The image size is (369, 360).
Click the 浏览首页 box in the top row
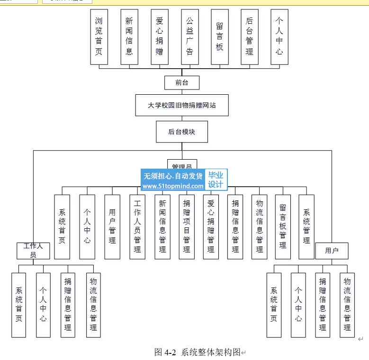click(99, 36)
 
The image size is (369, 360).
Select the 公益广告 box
click(189, 36)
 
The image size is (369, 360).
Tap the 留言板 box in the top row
click(219, 36)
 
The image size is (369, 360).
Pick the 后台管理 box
click(250, 36)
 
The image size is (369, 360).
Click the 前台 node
click(181, 82)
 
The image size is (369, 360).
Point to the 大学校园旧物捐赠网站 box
click(182, 105)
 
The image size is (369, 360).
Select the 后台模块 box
click(182, 132)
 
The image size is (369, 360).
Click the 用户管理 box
click(112, 226)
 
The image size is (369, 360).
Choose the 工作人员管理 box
click(137, 226)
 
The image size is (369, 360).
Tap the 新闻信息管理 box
click(162, 226)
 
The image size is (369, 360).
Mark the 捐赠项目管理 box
click(187, 226)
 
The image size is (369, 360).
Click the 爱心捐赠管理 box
click(211, 226)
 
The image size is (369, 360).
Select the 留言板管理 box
click(283, 226)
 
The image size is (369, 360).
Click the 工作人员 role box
click(33, 251)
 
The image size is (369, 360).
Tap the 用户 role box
click(332, 251)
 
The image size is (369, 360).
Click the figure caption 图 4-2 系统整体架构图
click(198, 352)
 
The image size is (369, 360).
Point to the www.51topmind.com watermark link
click(173, 186)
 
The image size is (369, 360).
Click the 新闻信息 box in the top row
click(129, 36)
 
